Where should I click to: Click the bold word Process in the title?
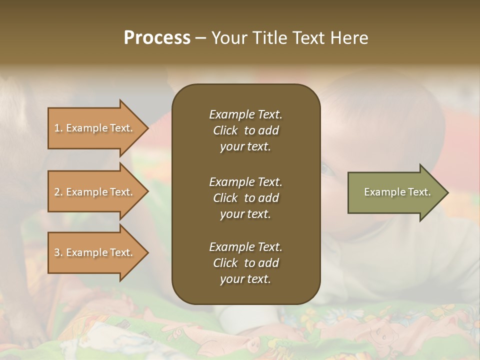(x=157, y=38)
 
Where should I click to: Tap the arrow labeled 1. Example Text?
(x=95, y=128)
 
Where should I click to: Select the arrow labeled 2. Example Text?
(x=95, y=192)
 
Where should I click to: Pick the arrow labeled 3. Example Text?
(x=95, y=252)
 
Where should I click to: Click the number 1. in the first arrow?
(x=58, y=128)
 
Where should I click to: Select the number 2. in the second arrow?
(x=58, y=192)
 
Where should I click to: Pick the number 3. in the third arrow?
(x=58, y=252)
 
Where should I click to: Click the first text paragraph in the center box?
(x=245, y=130)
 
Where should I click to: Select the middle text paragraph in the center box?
(x=245, y=198)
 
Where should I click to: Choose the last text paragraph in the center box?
(x=245, y=263)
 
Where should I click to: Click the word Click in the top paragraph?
(x=225, y=130)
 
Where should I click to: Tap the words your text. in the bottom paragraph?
(x=245, y=279)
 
